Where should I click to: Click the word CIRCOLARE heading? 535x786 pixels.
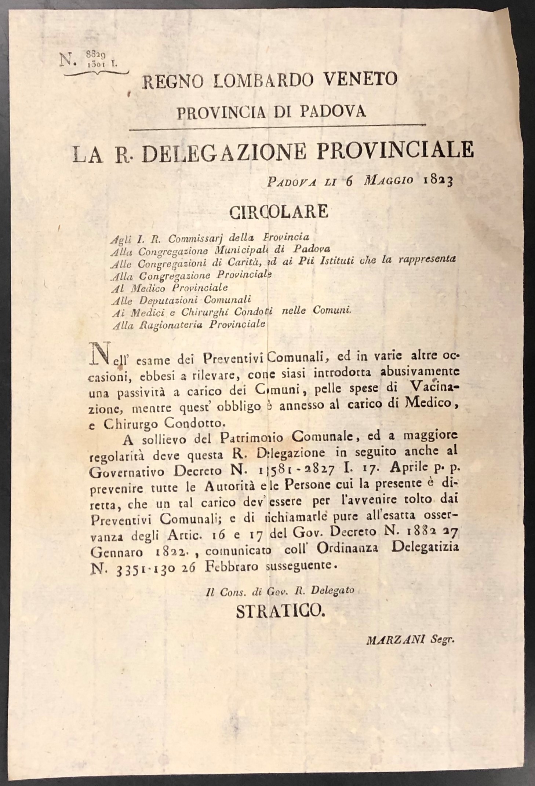pos(279,212)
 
